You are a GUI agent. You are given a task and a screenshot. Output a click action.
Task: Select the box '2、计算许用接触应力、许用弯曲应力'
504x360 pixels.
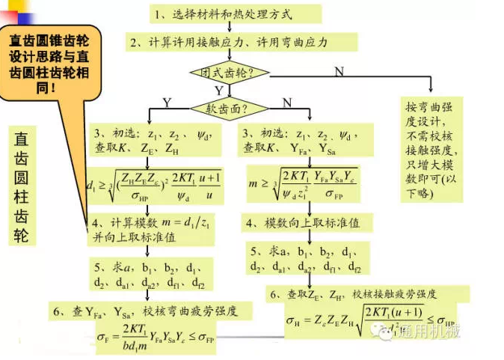coord(228,43)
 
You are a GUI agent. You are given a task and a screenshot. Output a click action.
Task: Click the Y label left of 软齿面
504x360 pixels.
coord(166,101)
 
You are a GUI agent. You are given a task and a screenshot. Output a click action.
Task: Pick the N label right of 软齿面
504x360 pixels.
coord(286,101)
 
